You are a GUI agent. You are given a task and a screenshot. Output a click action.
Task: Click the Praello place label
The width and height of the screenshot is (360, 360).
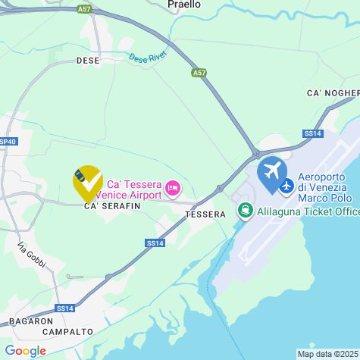[184, 5]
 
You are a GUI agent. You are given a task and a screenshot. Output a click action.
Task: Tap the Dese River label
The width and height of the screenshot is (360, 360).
[147, 58]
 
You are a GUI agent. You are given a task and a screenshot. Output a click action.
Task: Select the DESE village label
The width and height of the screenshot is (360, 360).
[88, 61]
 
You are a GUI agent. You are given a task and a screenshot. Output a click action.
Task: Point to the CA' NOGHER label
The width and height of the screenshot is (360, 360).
[333, 92]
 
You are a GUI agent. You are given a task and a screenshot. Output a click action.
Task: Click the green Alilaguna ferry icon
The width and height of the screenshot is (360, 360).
[245, 210]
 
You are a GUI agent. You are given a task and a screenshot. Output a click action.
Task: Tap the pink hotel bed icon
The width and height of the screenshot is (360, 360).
[174, 186]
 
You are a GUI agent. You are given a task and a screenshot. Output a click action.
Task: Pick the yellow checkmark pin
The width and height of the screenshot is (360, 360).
[88, 183]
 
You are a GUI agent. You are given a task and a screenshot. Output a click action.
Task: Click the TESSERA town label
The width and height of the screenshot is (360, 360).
[205, 214]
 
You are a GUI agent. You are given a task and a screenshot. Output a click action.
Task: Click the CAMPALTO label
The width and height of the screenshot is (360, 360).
[67, 332]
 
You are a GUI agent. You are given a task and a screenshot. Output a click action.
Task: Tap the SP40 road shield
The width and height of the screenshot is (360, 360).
[8, 142]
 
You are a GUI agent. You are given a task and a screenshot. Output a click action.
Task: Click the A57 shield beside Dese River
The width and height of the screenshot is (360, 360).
[199, 73]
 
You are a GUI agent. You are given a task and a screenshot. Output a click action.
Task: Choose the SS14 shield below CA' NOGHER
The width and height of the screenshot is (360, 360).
[312, 133]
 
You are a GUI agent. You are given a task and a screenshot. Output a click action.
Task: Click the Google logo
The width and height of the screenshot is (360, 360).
[25, 351]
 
